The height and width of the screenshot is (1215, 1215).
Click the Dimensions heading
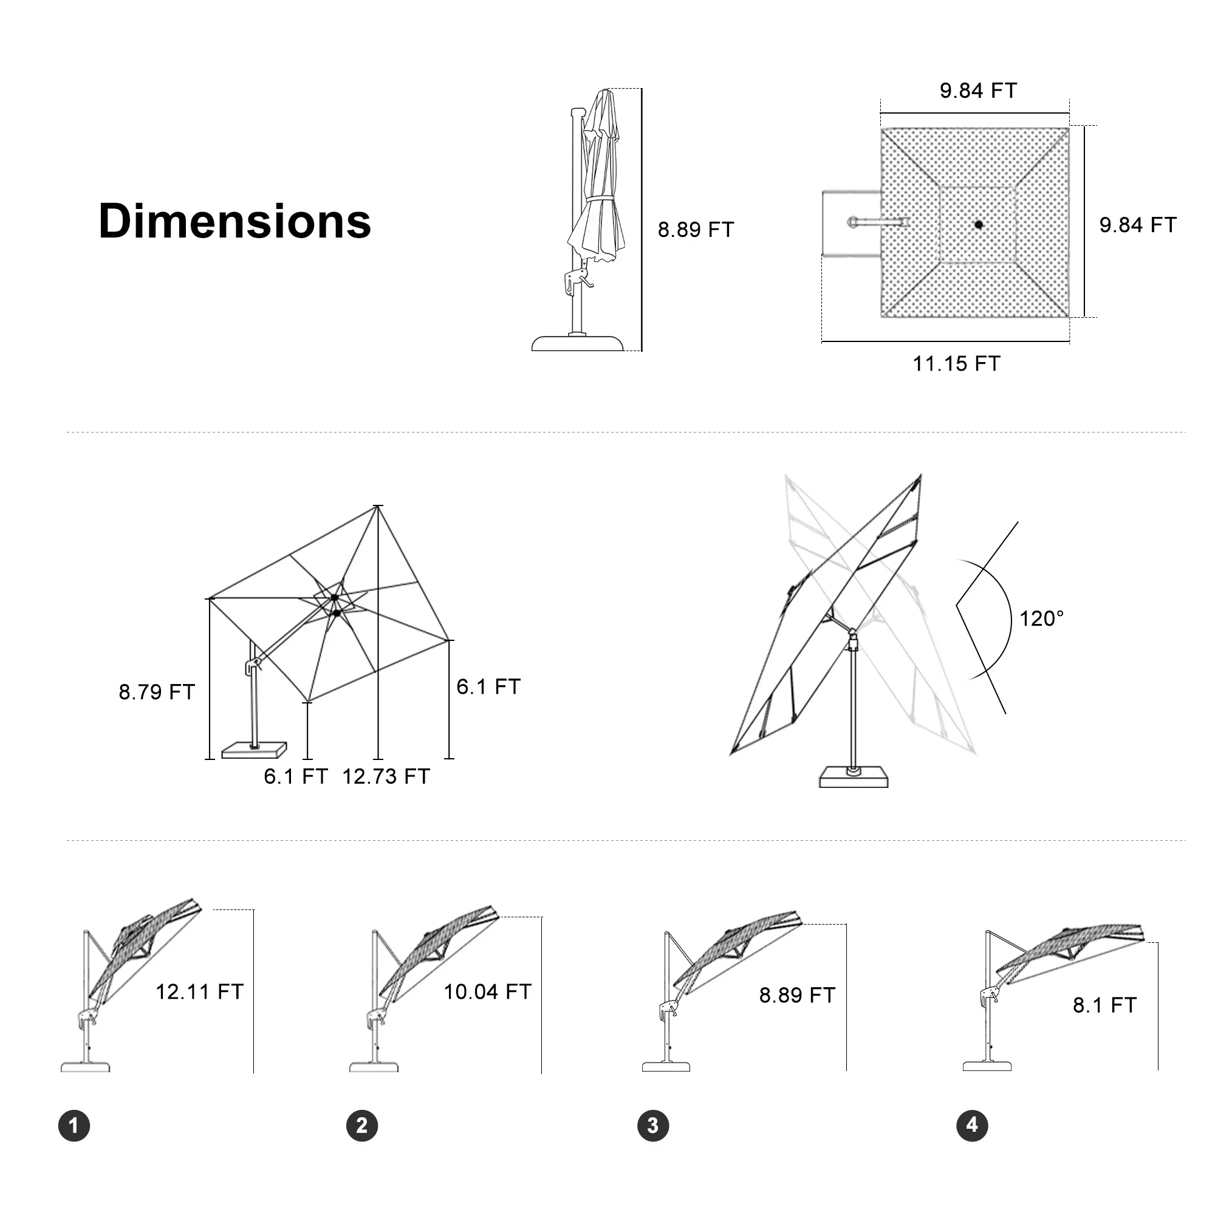pos(234,221)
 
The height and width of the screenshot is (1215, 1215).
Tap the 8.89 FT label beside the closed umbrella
pos(696,230)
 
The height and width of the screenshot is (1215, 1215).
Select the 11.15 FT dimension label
pos(956,363)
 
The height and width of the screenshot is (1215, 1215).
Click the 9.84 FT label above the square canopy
pos(978,91)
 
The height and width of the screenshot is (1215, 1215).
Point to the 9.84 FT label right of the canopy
pos(1138,225)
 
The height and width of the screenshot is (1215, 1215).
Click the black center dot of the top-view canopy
pos(978,224)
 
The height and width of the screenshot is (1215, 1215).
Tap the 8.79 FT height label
pos(157,692)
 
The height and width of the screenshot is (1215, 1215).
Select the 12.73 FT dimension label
pos(386,776)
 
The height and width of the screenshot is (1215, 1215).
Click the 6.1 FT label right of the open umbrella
pos(488,686)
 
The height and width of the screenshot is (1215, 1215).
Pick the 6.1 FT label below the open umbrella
pos(296,776)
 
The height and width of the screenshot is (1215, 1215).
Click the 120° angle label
pos(1041,619)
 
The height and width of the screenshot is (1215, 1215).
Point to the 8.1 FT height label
pos(1104,1005)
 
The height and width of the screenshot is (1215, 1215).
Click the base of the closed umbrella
pos(577,343)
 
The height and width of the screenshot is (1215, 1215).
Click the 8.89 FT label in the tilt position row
pos(797,996)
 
